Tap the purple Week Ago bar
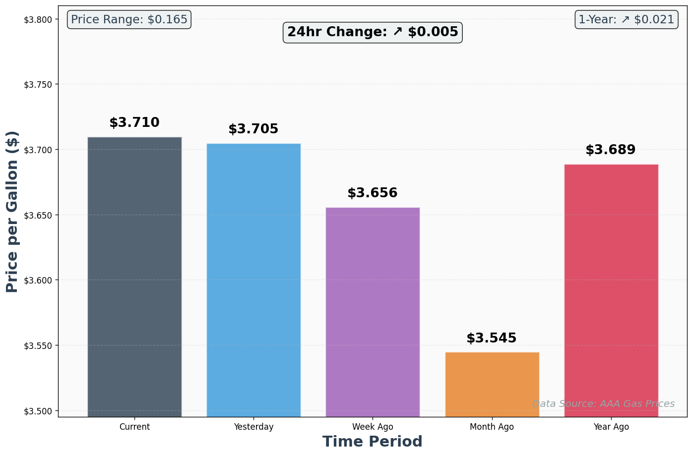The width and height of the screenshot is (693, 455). coord(373,312)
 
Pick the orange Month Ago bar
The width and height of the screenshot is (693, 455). coord(492,384)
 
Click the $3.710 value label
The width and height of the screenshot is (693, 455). coord(134,123)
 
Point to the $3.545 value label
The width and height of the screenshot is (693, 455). coord(492,339)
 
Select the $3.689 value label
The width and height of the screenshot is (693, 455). coord(611,150)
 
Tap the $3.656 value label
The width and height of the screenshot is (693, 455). coord(373,193)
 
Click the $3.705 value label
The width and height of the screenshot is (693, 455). coord(253,129)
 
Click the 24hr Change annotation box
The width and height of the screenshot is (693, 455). coord(373,32)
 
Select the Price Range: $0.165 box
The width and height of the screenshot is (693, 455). coord(129,20)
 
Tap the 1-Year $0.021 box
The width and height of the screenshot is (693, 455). coord(626,20)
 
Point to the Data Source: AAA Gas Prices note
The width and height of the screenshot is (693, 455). coord(603,404)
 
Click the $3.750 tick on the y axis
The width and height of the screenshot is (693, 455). coord(38,85)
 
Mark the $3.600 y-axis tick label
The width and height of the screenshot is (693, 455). coord(38,281)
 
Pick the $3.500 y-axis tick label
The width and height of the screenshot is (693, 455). coord(38,411)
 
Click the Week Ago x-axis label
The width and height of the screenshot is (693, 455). coord(373,427)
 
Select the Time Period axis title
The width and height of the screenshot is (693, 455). coord(373,442)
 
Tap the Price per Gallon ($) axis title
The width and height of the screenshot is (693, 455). coord(12,212)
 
